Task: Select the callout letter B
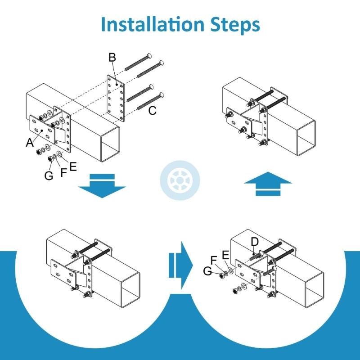112,58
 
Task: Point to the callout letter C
153,111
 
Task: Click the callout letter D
255,243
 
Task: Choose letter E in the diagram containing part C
72,166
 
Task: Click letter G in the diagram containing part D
207,270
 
